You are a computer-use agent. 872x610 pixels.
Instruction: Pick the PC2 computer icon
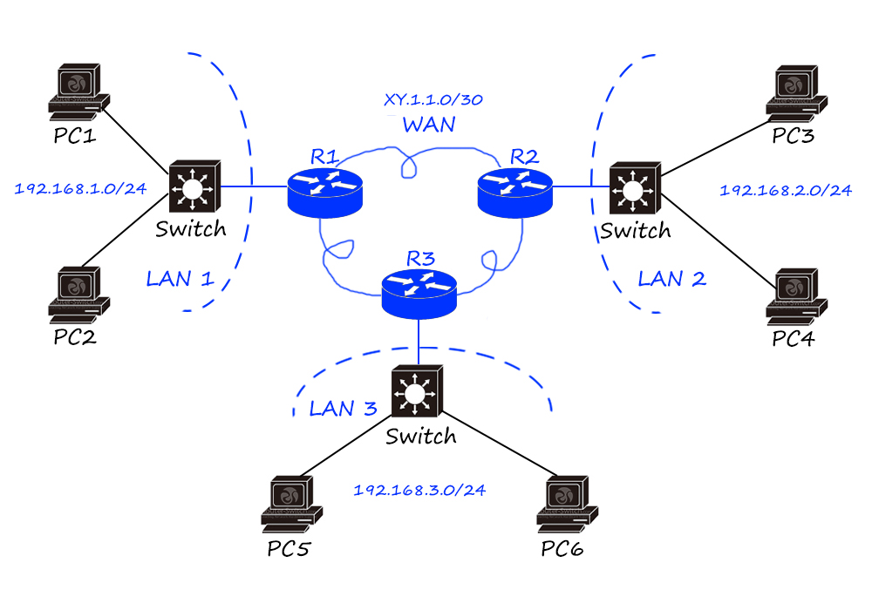click(x=79, y=292)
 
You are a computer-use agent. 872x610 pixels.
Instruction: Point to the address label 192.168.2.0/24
click(x=786, y=190)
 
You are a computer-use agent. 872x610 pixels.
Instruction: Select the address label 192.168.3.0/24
click(x=419, y=490)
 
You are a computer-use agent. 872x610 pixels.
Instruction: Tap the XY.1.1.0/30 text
click(x=433, y=99)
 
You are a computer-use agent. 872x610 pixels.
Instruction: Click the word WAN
click(x=428, y=125)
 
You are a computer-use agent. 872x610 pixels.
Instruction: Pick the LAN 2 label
click(x=671, y=279)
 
